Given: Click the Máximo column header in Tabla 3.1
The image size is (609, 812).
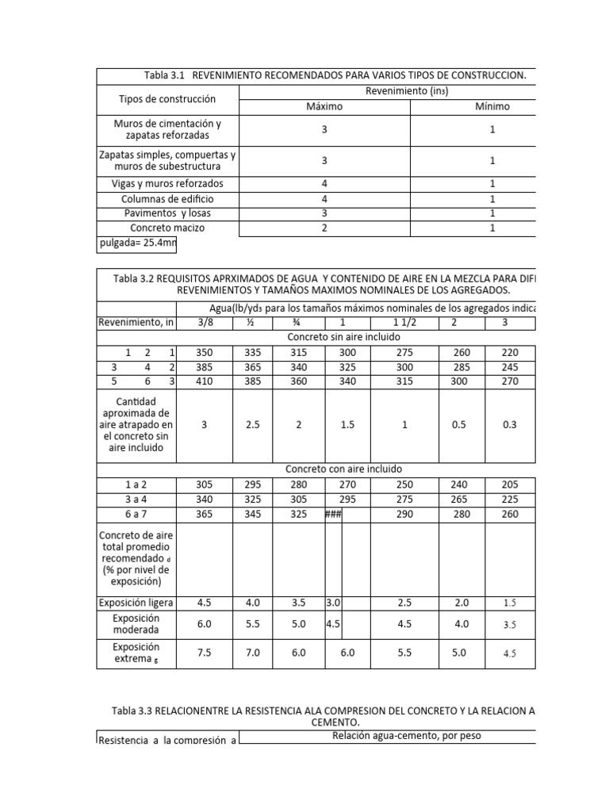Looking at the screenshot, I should (324, 106).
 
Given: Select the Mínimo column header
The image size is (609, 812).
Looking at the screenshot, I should (492, 106).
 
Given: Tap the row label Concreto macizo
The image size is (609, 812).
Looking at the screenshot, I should (167, 228).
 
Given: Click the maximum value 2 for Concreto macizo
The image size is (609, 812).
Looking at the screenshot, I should (324, 228).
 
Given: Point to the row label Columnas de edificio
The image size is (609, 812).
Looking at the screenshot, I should (167, 199).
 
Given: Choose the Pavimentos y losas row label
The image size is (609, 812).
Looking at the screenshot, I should (167, 213).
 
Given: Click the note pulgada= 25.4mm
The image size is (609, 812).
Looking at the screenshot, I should (136, 243).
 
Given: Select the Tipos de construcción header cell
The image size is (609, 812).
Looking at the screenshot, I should (167, 99).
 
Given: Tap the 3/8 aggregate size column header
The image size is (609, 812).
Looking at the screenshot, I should (205, 323).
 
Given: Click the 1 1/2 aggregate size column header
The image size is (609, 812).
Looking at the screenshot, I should (404, 323).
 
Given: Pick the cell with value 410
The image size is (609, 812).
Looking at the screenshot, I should (205, 381).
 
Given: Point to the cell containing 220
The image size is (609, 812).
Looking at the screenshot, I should (509, 352).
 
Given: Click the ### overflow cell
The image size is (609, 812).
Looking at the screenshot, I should (333, 514).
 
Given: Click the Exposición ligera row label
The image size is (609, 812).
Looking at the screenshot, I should (136, 602).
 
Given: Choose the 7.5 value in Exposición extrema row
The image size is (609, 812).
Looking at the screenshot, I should (205, 653).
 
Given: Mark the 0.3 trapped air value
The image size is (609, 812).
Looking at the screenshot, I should (509, 425).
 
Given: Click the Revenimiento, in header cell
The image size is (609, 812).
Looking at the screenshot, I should (136, 323).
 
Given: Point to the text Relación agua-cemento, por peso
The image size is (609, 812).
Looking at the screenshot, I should (387, 736).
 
